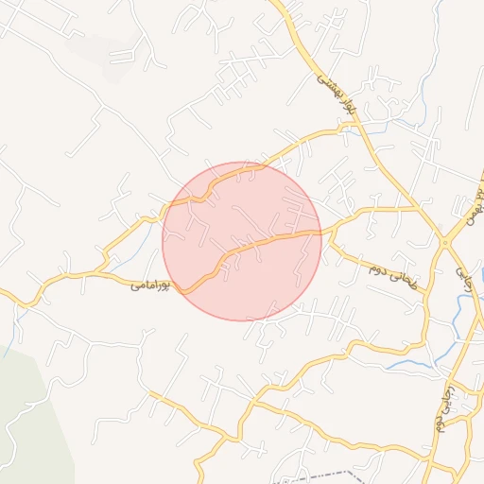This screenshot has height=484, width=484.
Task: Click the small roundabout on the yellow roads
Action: [x=444, y=243]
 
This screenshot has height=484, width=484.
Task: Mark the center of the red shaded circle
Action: [x=242, y=240]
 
